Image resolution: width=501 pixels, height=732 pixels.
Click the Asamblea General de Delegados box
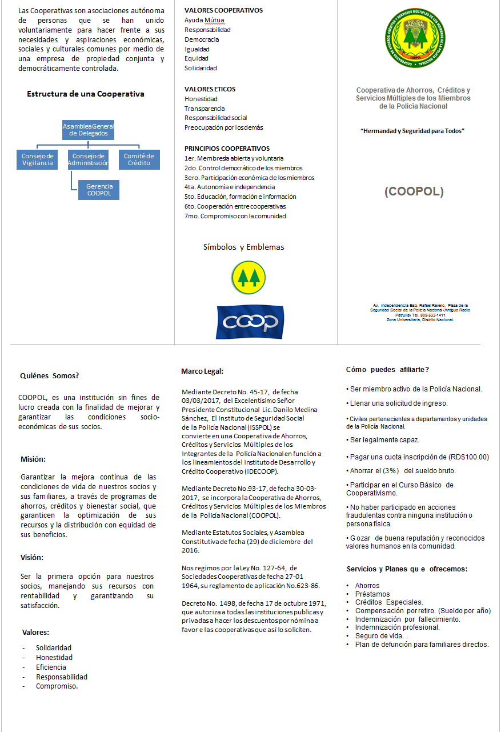coord(89,129)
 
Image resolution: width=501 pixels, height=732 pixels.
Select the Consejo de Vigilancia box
coord(37,159)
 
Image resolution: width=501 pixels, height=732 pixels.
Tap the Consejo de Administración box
coord(88,159)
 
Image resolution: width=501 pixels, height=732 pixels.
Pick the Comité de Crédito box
coord(139,159)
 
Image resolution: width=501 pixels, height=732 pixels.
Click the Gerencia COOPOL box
coord(99,190)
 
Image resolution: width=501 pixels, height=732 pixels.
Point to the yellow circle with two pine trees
coord(249,276)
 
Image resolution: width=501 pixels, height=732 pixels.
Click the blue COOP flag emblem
coord(250,322)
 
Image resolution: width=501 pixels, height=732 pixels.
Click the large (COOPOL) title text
coord(414,191)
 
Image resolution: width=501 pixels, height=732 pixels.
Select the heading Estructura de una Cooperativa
coord(86,94)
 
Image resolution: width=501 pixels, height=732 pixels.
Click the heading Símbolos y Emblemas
coord(243,247)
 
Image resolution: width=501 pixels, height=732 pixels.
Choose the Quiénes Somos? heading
coord(50,375)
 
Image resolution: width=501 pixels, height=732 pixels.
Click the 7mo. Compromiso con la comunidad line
coord(235,216)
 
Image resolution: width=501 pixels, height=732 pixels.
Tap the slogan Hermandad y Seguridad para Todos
coord(412,131)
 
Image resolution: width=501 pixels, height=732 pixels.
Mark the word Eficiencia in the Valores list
coord(51,667)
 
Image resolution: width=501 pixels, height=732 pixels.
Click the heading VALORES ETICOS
coord(210,89)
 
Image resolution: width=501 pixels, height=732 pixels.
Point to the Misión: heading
coord(33,459)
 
